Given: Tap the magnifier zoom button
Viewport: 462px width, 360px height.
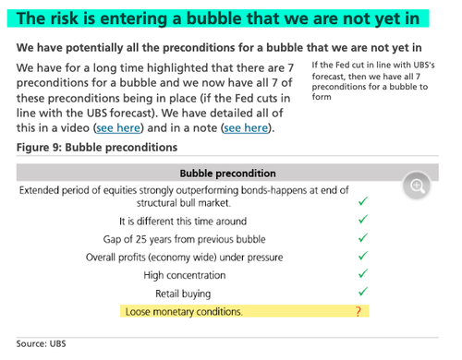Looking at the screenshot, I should tap(418, 186).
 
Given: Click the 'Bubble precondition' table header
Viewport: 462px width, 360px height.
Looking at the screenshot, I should tap(226, 173).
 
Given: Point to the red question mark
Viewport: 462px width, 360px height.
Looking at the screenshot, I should tap(358, 312).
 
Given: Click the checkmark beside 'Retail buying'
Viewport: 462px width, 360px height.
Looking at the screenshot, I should tap(362, 292).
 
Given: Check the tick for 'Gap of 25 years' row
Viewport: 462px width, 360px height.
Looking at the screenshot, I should tap(362, 238).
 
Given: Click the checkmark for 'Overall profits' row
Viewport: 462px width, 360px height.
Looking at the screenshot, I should tap(362, 256).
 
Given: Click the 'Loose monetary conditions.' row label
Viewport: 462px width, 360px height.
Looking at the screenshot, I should tap(183, 312).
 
